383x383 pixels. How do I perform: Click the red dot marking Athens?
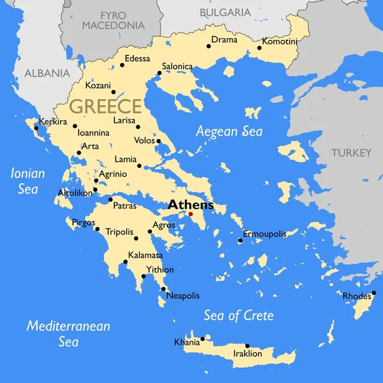click(x=190, y=214)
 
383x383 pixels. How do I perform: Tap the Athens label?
click(x=190, y=206)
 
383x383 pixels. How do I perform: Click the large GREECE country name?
click(x=105, y=106)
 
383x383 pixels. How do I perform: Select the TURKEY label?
click(x=350, y=153)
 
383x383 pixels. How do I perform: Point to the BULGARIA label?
click(x=225, y=12)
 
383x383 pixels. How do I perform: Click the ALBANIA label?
click(x=47, y=73)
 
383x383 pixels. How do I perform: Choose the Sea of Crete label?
click(x=239, y=315)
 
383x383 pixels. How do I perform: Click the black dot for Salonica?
click(x=159, y=73)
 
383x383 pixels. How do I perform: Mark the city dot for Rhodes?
click(x=373, y=293)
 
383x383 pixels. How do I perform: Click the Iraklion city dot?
click(x=248, y=346)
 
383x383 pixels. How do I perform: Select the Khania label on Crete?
click(x=186, y=343)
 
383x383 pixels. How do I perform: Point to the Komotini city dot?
click(x=259, y=47)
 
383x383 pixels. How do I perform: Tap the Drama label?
click(x=224, y=40)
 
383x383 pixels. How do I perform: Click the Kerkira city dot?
click(x=36, y=128)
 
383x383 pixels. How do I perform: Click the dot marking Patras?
click(x=110, y=199)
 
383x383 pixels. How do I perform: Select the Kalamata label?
click(x=146, y=255)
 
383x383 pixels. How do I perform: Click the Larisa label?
click(x=124, y=120)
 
